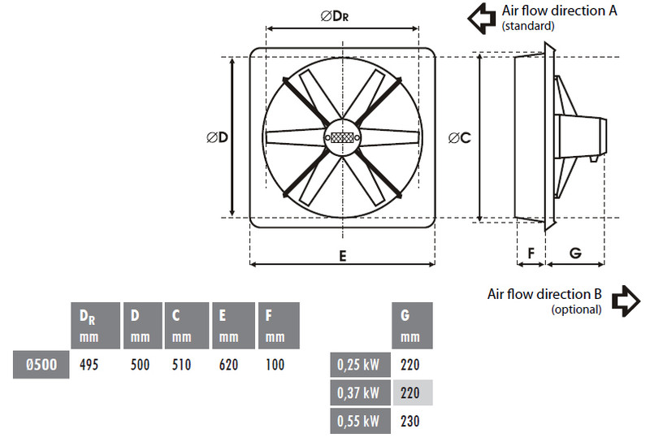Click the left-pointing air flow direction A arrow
click(x=482, y=19)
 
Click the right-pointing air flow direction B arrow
click(x=626, y=301)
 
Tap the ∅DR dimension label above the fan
click(x=335, y=15)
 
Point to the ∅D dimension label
click(x=217, y=137)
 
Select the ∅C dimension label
click(x=460, y=137)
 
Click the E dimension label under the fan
click(x=342, y=256)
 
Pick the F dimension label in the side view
click(x=531, y=253)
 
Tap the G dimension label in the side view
click(x=575, y=253)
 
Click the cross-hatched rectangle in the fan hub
click(x=342, y=137)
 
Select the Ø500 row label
click(x=41, y=365)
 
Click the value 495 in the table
click(x=89, y=365)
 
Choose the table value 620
click(x=228, y=365)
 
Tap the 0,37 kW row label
click(x=360, y=393)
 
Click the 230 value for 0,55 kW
click(x=410, y=421)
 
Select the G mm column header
click(x=412, y=326)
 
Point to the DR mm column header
click(x=96, y=326)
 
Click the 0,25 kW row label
click(x=360, y=365)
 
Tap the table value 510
click(x=181, y=365)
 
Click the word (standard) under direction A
click(x=527, y=26)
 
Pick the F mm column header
click(x=279, y=326)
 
